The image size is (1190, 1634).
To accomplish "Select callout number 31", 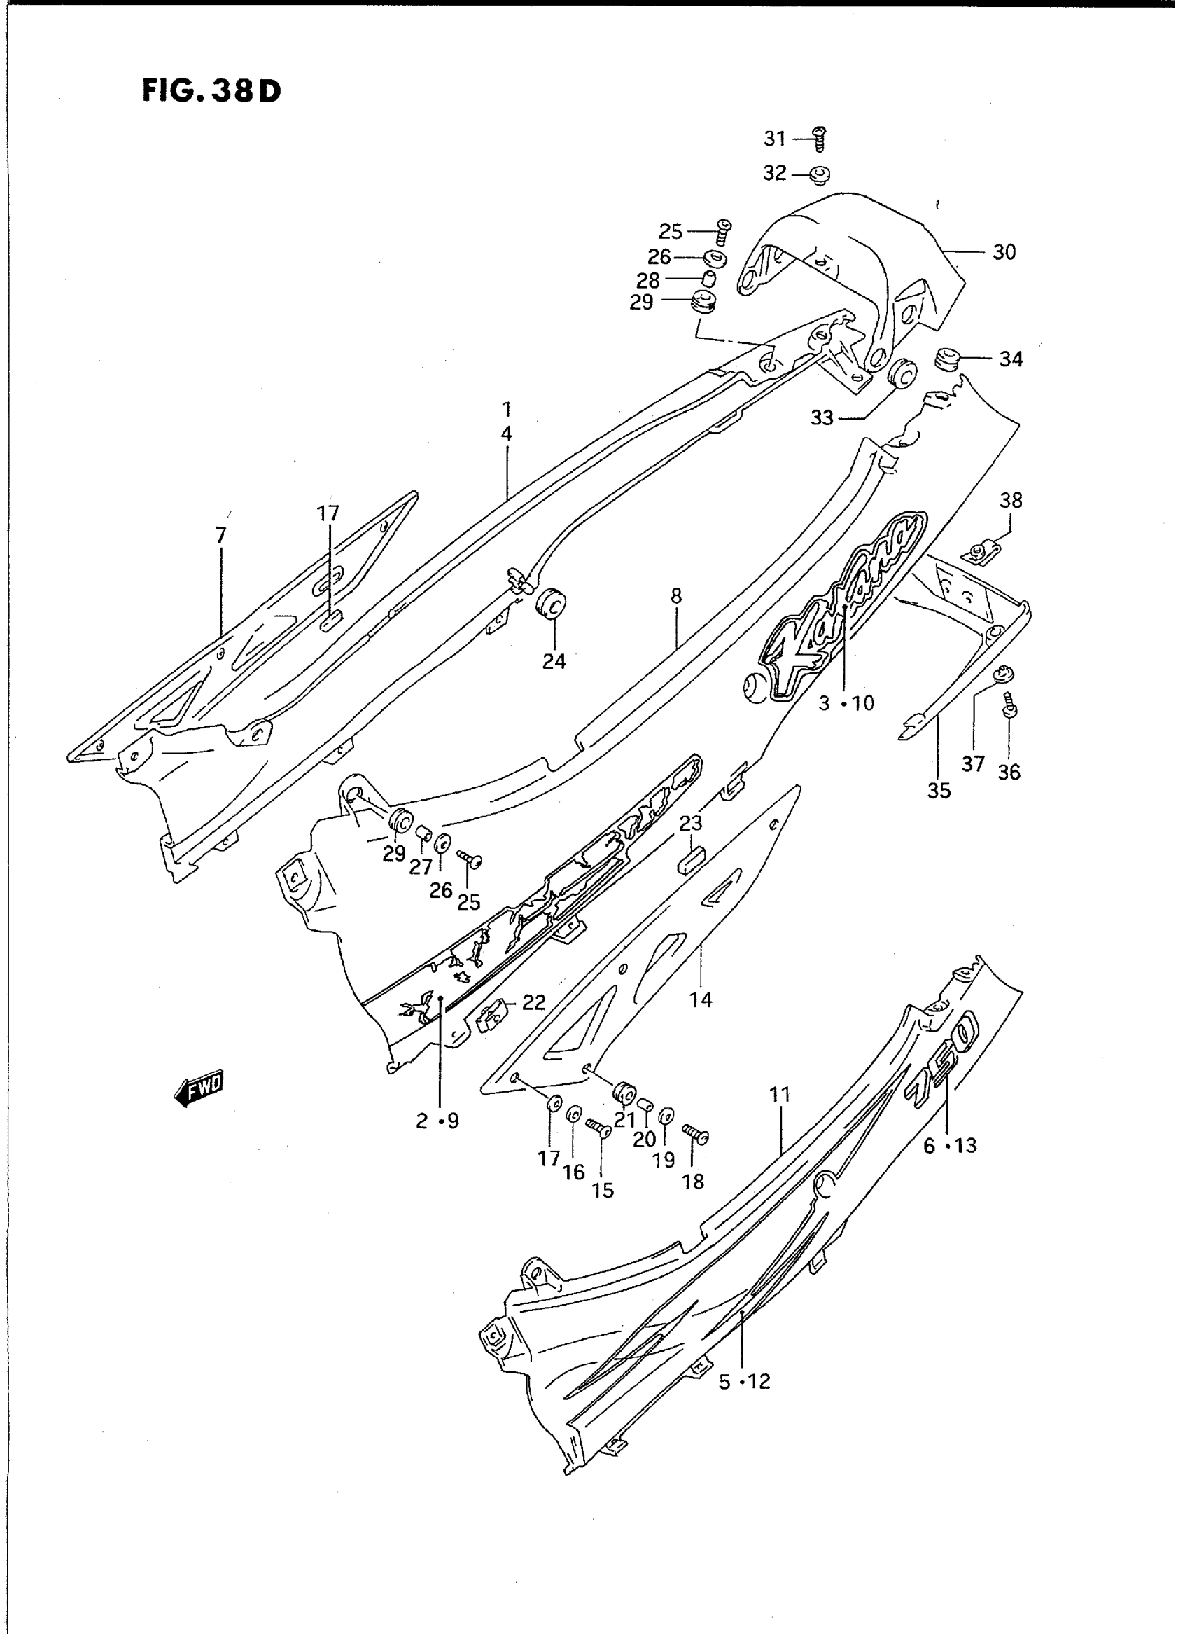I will [x=774, y=139].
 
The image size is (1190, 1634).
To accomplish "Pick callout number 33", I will [x=822, y=418].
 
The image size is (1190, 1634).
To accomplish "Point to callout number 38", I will [x=1011, y=500].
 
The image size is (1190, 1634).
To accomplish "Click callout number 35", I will [x=939, y=791].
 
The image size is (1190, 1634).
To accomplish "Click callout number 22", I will [x=533, y=1002].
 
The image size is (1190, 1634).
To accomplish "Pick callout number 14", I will [x=700, y=999].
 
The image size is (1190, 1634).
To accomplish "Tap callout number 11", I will [x=779, y=1115].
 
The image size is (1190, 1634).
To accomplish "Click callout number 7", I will [x=220, y=535].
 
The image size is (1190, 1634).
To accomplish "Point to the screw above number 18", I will [x=694, y=1135].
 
